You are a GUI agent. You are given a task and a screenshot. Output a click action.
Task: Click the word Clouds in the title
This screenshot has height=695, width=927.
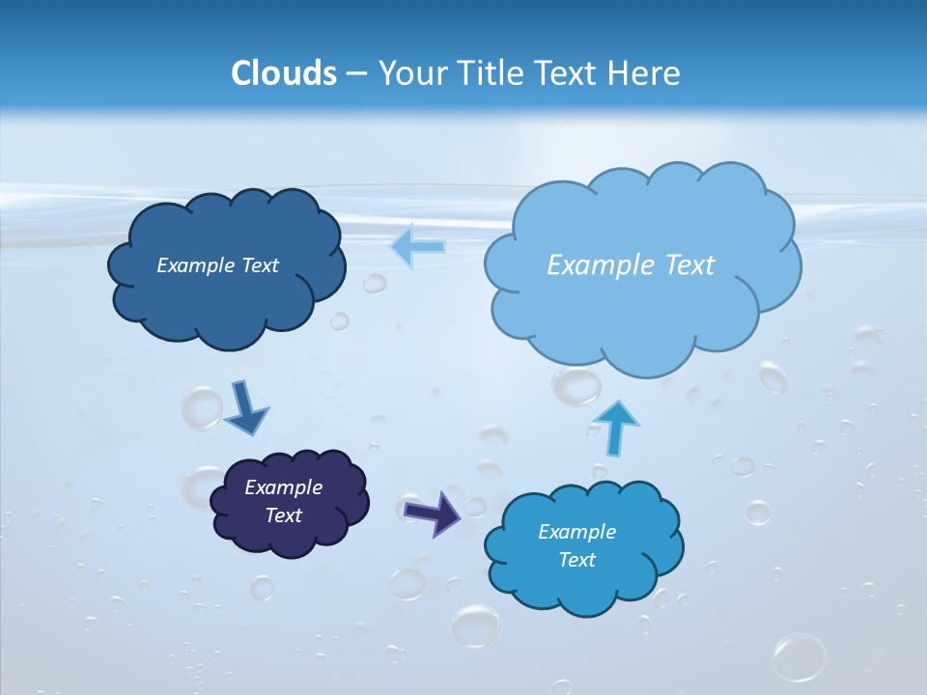tap(284, 72)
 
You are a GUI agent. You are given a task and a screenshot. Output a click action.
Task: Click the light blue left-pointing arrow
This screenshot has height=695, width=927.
tap(417, 246)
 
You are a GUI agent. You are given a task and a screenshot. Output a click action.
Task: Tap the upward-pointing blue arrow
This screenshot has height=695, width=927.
tap(615, 427)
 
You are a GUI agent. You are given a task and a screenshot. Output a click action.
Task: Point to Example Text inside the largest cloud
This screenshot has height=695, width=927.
tap(631, 265)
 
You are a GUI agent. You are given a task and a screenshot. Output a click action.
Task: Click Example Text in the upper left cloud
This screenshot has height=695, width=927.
tap(217, 265)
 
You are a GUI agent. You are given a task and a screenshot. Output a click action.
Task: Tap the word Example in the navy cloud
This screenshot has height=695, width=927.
tap(283, 487)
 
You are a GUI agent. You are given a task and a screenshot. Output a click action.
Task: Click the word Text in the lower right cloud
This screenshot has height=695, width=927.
tap(576, 560)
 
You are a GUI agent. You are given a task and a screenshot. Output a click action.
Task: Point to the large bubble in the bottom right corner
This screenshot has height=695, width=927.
tap(800, 657)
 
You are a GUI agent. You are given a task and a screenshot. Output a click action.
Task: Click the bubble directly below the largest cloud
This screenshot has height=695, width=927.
tap(576, 386)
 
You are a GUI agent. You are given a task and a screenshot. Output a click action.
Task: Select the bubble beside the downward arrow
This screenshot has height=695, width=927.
tap(202, 407)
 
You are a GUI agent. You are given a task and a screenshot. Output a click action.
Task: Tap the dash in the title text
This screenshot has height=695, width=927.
tap(356, 72)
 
